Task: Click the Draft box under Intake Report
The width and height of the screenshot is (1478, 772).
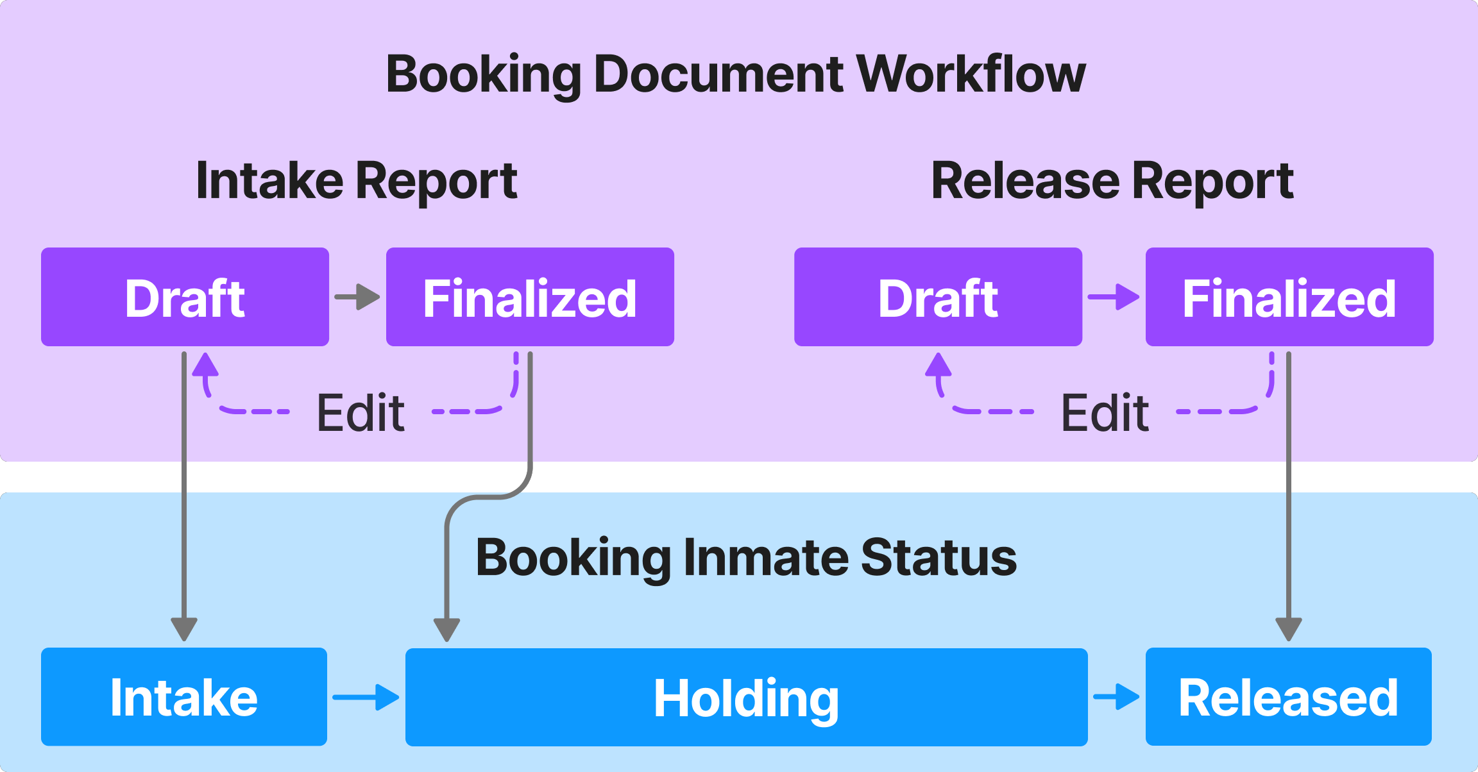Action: coord(185,297)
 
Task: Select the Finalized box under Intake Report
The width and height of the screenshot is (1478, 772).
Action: coord(530,297)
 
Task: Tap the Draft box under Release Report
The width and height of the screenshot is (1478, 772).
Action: coord(938,297)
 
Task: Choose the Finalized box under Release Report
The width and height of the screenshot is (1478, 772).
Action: coord(1289,297)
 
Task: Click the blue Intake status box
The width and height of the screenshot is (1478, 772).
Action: coord(184,697)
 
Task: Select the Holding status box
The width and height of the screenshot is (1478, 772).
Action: coord(746,697)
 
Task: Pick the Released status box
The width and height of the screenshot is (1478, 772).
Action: coord(1288,697)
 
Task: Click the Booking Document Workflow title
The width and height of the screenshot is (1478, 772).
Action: coord(735,74)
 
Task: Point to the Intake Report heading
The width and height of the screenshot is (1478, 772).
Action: coord(357,181)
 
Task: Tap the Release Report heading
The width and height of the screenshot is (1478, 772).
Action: coord(1112,181)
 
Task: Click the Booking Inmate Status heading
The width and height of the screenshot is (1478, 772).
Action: coord(746,558)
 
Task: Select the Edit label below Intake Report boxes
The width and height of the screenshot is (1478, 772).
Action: coord(361,413)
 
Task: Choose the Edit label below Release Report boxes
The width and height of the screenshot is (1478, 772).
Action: coord(1105,413)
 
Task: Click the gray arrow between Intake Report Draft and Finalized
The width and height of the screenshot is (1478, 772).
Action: coord(358,297)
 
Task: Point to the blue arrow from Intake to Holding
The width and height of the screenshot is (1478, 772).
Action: coord(366,697)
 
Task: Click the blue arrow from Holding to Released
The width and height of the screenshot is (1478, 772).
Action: coord(1117,697)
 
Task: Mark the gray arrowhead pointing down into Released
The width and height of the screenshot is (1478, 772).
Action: coord(1288,628)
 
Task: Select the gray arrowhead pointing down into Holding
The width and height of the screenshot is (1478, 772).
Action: coord(446,628)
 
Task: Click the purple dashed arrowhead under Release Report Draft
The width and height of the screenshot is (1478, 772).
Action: coord(938,365)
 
